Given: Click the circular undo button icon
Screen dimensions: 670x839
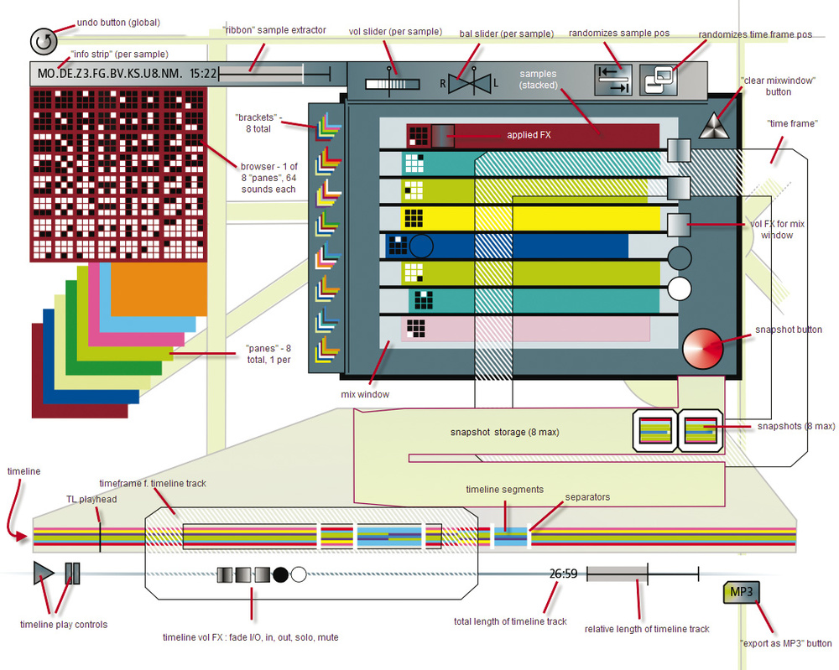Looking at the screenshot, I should [42, 41].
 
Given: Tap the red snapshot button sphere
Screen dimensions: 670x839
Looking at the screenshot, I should [701, 347].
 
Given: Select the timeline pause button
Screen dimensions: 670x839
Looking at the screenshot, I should [71, 573].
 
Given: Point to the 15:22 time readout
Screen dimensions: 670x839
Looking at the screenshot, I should [203, 74].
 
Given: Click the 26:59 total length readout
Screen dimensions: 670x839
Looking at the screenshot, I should [563, 574].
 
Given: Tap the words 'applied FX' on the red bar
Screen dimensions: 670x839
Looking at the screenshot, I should [529, 134].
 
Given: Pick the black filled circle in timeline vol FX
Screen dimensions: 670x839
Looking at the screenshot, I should [280, 574].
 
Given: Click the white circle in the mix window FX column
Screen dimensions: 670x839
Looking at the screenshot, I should [679, 289].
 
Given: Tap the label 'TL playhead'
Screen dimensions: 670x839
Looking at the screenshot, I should [91, 499].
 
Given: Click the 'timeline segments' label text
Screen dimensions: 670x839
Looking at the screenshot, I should [504, 490].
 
